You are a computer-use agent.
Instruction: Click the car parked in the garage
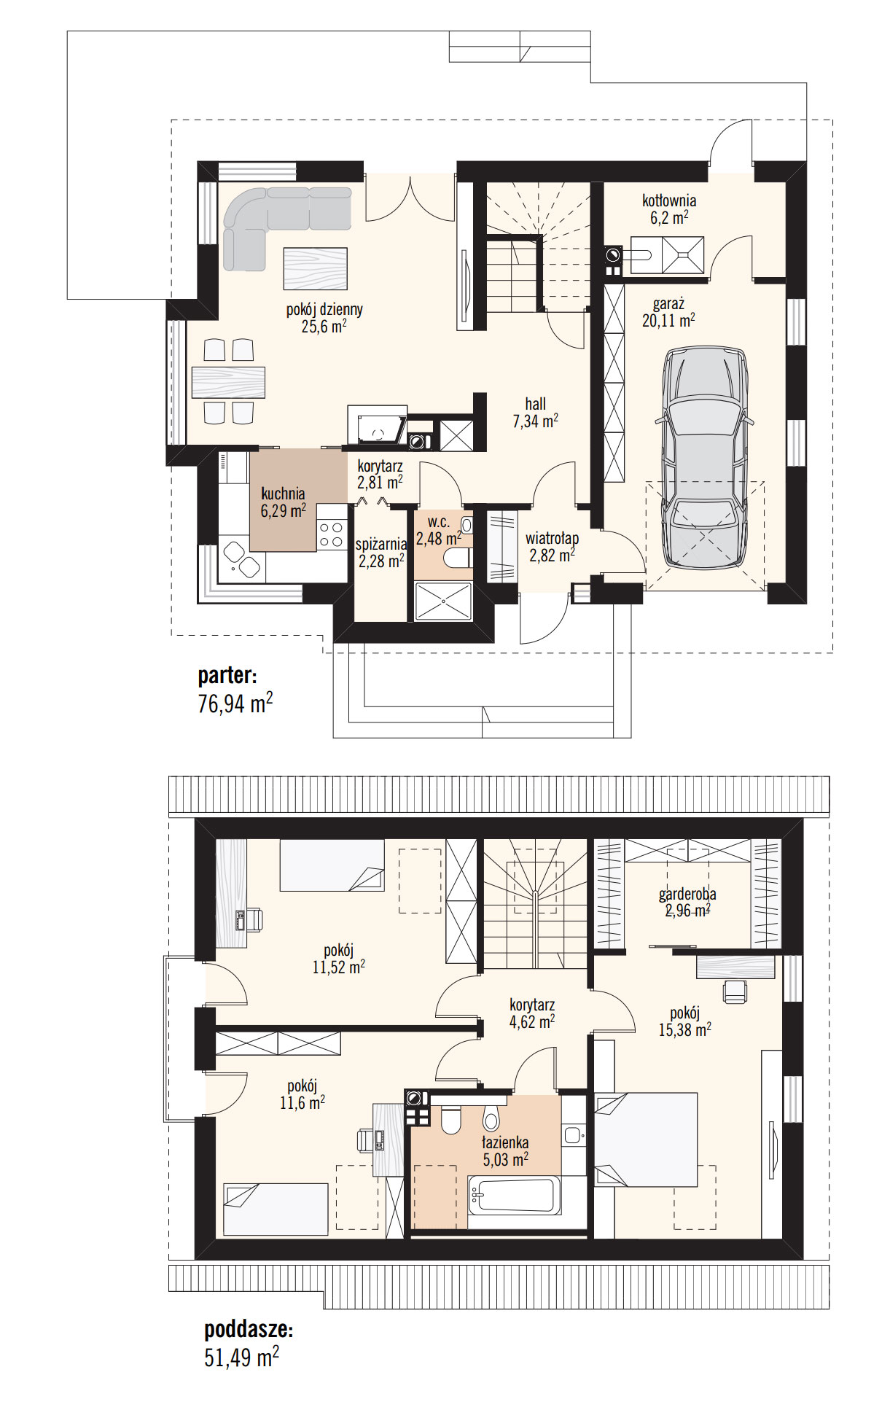pos(705,457)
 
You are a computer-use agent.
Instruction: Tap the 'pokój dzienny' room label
pos(324,309)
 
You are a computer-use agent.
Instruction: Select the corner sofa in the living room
pos(273,219)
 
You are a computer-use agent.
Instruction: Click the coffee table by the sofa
pos(315,268)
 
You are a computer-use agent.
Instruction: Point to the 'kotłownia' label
pos(669,200)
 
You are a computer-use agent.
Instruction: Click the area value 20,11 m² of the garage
pos(668,320)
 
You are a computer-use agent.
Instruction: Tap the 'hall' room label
pos(536,403)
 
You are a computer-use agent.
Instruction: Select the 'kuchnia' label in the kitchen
pos(283,494)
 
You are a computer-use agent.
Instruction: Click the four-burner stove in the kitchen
pos(332,535)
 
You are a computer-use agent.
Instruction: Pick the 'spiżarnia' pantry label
pos(381,544)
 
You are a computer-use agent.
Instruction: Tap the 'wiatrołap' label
pos(553,538)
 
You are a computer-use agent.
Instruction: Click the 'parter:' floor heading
pos(227,676)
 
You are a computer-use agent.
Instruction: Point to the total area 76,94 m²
pos(235,704)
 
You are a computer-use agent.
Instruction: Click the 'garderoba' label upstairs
pos(687,894)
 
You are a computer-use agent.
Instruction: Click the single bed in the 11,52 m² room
pos(332,865)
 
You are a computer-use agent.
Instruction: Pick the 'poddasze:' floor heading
pos(249,1330)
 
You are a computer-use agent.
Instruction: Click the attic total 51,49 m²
pos(241,1357)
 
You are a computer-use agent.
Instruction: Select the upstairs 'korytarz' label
pos(532,1005)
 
